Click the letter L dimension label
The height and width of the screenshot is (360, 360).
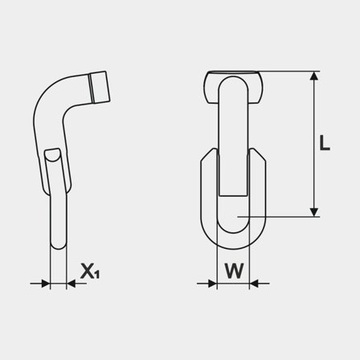tap(325, 144)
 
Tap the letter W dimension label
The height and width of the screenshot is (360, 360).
tap(233, 271)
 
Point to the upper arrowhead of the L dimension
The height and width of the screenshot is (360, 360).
tap(312, 77)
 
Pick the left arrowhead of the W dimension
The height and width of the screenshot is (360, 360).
tap(211, 283)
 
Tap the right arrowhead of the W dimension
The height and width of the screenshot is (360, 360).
tap(256, 283)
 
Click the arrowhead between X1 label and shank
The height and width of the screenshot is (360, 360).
tap(71, 283)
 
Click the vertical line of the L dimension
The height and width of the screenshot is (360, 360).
tap(312, 145)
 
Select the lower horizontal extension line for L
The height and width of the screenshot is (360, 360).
tap(281, 216)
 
